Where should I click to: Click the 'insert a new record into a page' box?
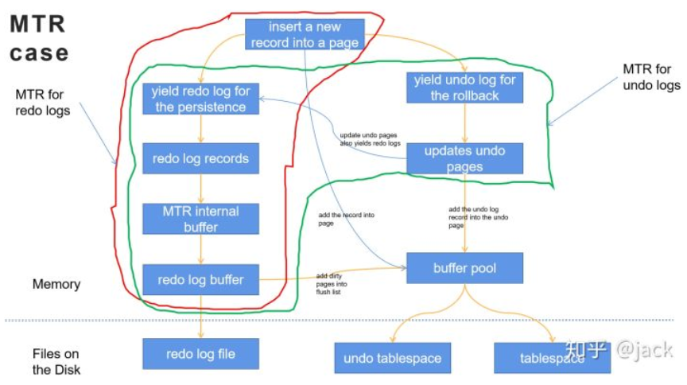point(305,35)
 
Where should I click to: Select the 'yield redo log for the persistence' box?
point(201,99)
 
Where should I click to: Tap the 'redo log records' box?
point(201,158)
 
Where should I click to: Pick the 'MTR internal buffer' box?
point(201,219)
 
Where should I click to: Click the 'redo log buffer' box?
point(201,279)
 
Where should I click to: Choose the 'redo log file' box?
point(201,353)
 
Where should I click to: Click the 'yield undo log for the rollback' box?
point(465,87)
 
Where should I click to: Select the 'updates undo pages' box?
point(465,158)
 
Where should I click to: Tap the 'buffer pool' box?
point(465,268)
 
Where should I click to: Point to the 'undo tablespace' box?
point(393,358)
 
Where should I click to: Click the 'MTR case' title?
point(39,38)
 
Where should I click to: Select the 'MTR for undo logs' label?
point(651,78)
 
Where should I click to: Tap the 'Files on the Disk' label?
point(56,361)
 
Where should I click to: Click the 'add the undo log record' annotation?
point(479,216)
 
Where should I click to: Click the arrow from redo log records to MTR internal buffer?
point(201,189)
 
